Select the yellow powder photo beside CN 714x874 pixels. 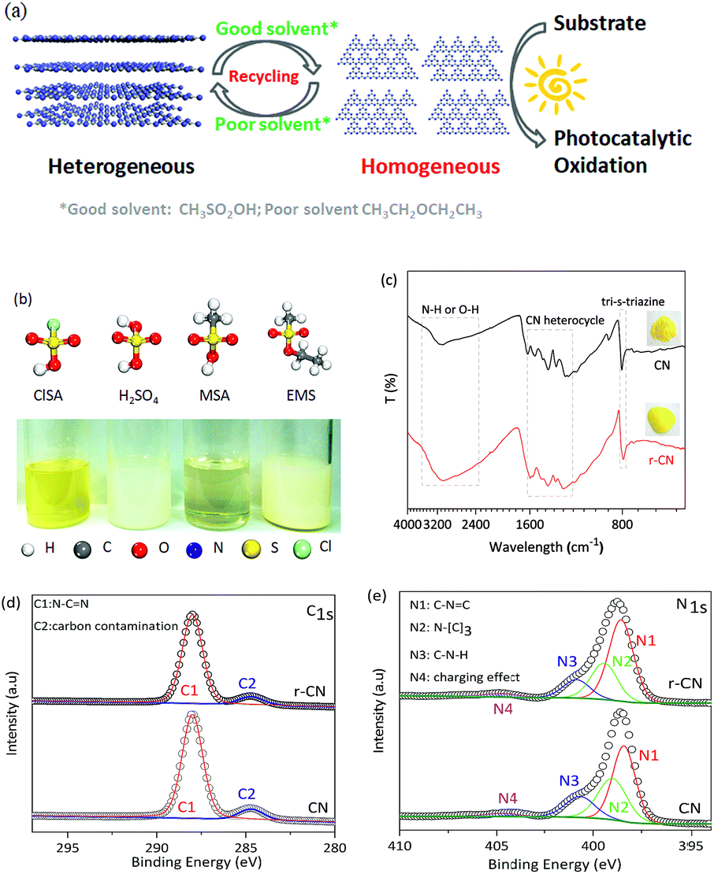[662, 328]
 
